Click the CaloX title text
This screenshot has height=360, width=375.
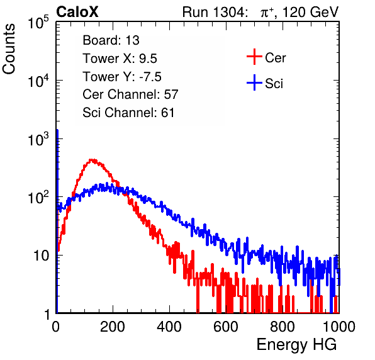77,12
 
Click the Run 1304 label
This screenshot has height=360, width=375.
213,12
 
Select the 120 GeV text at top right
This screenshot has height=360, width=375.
310,12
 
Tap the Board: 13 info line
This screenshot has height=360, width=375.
111,40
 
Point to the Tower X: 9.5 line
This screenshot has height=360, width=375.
120,59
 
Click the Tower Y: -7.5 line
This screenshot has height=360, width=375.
122,77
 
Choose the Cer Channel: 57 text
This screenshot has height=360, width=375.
130,94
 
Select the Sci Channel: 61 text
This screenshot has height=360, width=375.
128,113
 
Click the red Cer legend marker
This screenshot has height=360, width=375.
254,57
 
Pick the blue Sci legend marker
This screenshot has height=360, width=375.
254,83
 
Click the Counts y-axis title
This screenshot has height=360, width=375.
9,49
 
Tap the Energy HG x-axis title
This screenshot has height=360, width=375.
296,345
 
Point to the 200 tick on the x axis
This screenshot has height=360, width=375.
113,327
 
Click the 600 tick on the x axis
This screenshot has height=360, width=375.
226,327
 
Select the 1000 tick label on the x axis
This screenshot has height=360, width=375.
339,327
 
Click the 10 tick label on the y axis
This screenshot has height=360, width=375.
42,256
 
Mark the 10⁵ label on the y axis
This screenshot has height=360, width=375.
38,22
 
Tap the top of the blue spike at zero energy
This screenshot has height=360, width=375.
57,130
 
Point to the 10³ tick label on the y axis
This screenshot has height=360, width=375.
38,139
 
